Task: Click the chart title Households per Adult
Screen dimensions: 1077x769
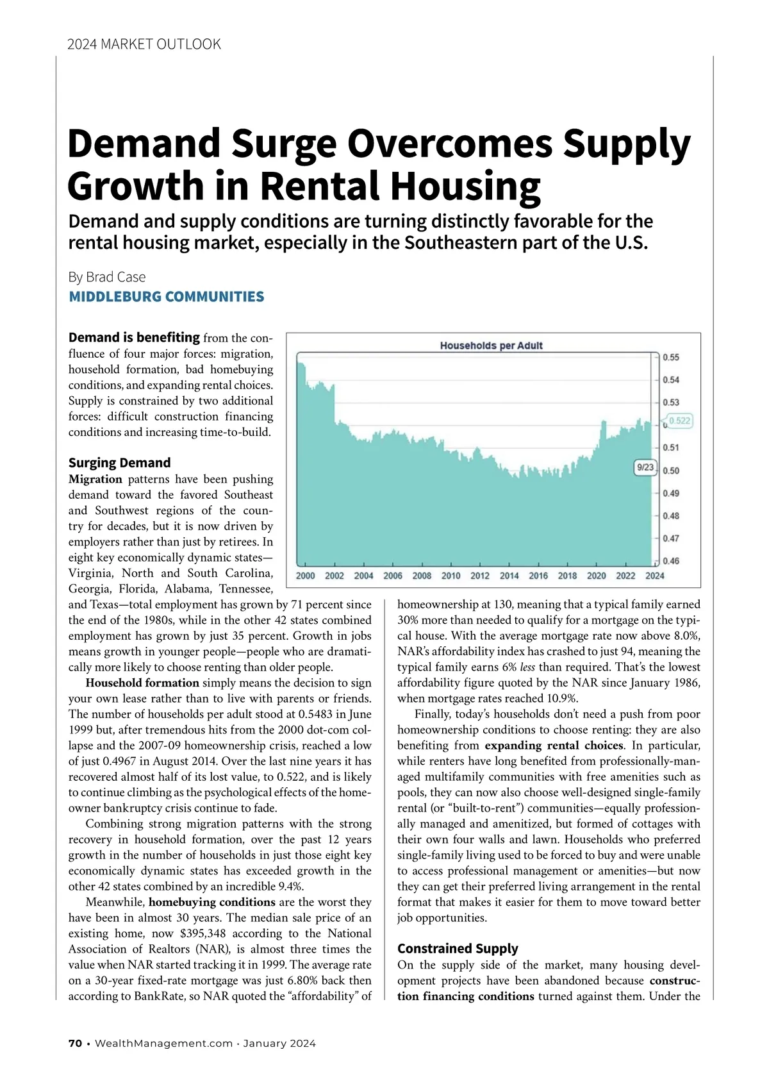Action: [x=491, y=346]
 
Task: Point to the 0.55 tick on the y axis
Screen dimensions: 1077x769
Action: [x=671, y=357]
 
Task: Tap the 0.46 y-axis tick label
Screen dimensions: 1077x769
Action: [x=671, y=561]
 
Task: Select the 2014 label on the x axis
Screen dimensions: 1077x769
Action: [x=509, y=576]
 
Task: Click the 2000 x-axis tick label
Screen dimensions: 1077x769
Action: [x=305, y=576]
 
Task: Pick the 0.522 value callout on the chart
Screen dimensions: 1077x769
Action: [x=680, y=421]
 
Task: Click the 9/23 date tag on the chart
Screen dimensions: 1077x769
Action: [x=645, y=467]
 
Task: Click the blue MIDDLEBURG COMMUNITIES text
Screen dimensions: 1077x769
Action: [x=166, y=297]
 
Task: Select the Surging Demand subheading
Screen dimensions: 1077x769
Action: [x=120, y=463]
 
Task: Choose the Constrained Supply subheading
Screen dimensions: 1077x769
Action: [x=458, y=948]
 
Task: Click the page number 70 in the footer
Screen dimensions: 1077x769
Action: [x=75, y=1043]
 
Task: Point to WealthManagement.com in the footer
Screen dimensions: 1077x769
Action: [x=163, y=1043]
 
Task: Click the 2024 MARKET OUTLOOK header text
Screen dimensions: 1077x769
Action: [x=144, y=44]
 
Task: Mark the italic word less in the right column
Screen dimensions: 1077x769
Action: [x=527, y=667]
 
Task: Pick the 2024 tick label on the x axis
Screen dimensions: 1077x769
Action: [x=654, y=576]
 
